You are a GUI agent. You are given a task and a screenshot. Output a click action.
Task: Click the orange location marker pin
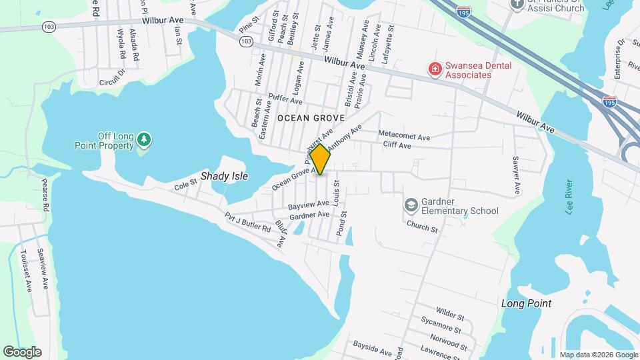[320, 159]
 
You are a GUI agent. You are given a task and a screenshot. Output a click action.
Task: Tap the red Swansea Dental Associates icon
[435, 69]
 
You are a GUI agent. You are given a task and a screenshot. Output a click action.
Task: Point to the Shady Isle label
[224, 177]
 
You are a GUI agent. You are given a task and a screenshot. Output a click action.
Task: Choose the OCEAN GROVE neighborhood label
[311, 118]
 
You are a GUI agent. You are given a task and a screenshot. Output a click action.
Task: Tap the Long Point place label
[526, 303]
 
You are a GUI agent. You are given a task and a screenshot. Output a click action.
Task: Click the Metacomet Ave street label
[404, 135]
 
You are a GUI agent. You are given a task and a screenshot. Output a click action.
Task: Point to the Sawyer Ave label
[516, 176]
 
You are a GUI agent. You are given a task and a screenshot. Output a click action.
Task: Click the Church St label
[423, 227]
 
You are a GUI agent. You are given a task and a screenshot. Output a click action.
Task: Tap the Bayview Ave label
[309, 203]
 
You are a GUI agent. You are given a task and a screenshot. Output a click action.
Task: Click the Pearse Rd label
[45, 195]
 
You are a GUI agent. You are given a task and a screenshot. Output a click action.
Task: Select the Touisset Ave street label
[26, 271]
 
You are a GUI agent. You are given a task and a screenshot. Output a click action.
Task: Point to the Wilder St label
[450, 312]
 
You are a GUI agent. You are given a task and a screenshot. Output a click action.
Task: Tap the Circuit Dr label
[111, 79]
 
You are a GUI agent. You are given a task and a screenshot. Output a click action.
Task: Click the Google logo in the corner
[22, 351]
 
